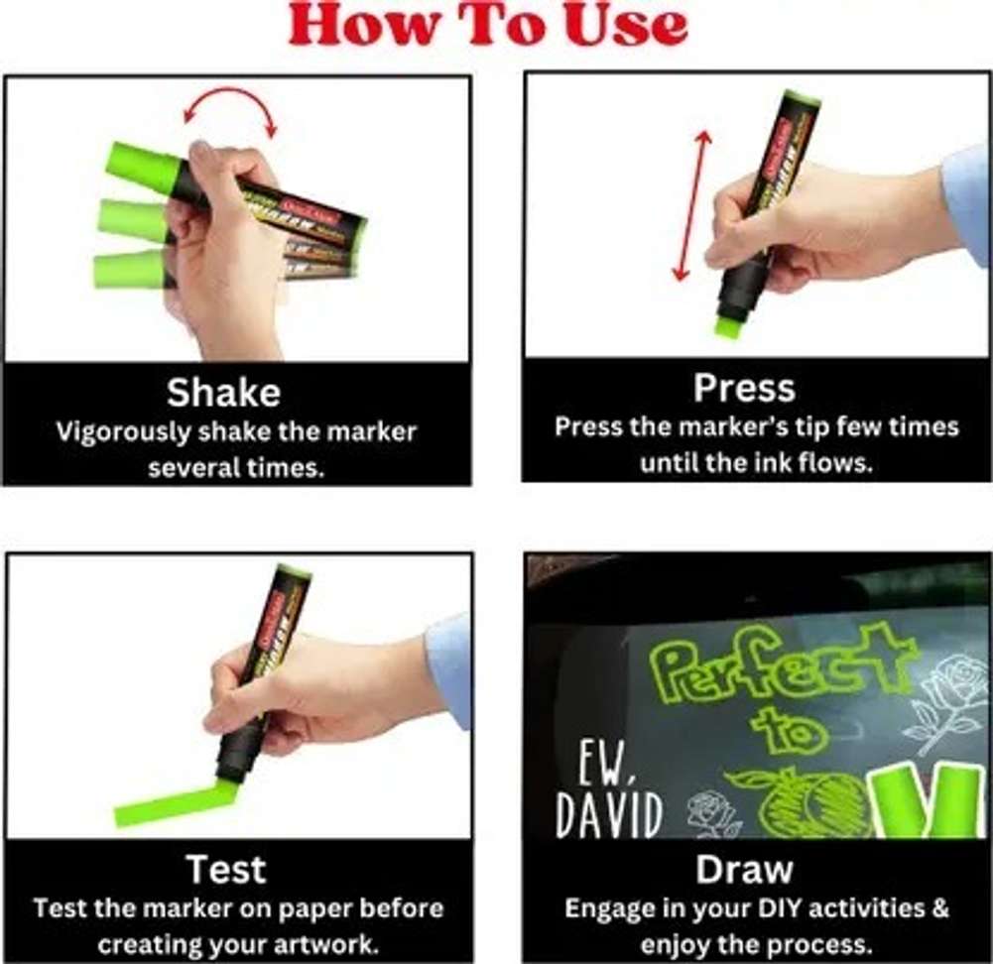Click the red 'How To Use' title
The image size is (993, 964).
tap(488, 26)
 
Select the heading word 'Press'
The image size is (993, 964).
tap(744, 388)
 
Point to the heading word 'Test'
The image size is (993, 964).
tap(227, 870)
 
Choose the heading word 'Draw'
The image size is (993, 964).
tap(744, 870)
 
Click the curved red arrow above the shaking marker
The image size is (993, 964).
tap(230, 102)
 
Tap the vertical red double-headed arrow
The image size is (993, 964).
tap(691, 205)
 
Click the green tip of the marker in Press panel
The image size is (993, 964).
tap(729, 326)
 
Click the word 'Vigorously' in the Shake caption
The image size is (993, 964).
tap(123, 432)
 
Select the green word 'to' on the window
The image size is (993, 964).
tap(790, 730)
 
